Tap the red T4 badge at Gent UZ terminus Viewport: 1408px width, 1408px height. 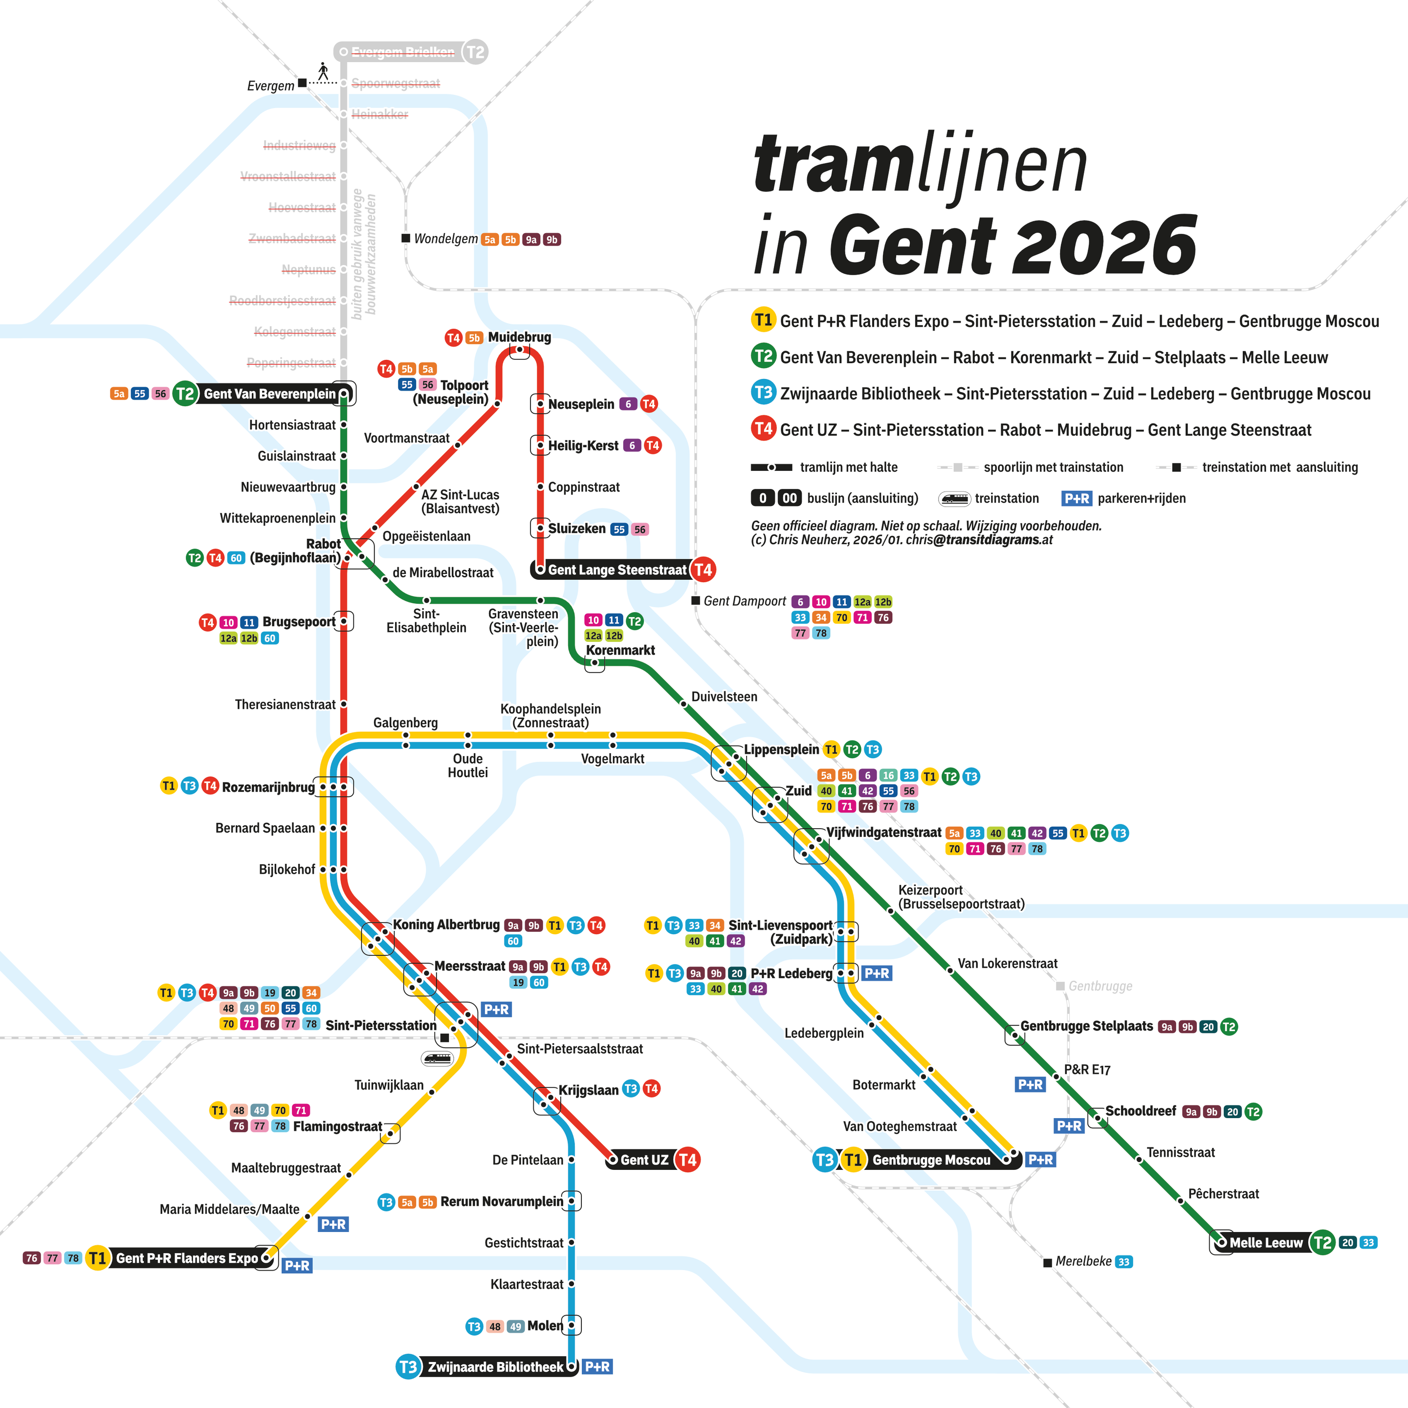687,1160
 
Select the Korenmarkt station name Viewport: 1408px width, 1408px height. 620,650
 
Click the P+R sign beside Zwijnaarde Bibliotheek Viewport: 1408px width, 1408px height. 597,1366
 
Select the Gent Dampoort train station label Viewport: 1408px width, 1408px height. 744,601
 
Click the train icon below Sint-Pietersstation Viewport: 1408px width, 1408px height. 437,1057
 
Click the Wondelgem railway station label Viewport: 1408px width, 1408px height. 445,239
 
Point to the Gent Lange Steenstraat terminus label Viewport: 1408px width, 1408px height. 616,570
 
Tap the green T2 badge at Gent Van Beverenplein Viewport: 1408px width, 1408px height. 185,394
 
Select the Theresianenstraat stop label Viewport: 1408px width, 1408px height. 285,704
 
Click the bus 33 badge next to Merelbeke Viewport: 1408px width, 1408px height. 1124,1261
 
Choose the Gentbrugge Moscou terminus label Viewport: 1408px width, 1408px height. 931,1160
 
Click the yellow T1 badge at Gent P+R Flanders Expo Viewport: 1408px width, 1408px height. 97,1258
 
